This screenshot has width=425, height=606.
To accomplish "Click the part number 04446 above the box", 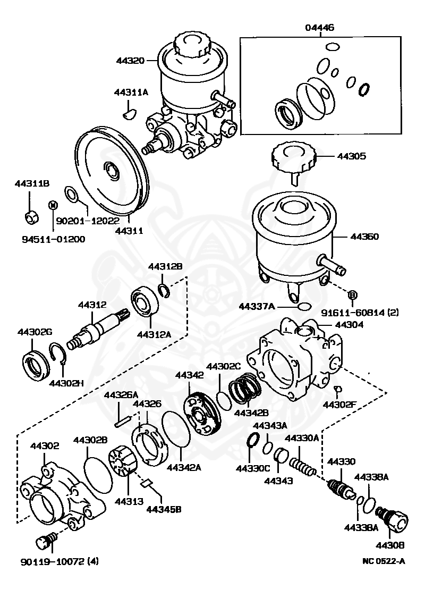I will click(x=319, y=27).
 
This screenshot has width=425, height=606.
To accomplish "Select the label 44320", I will click(x=130, y=61).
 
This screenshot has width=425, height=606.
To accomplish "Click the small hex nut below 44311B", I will click(x=31, y=216).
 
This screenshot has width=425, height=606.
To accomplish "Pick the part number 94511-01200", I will click(x=53, y=239).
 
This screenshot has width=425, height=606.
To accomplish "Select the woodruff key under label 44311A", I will click(x=129, y=111).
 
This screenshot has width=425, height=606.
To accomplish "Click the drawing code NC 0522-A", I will click(x=384, y=561).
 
